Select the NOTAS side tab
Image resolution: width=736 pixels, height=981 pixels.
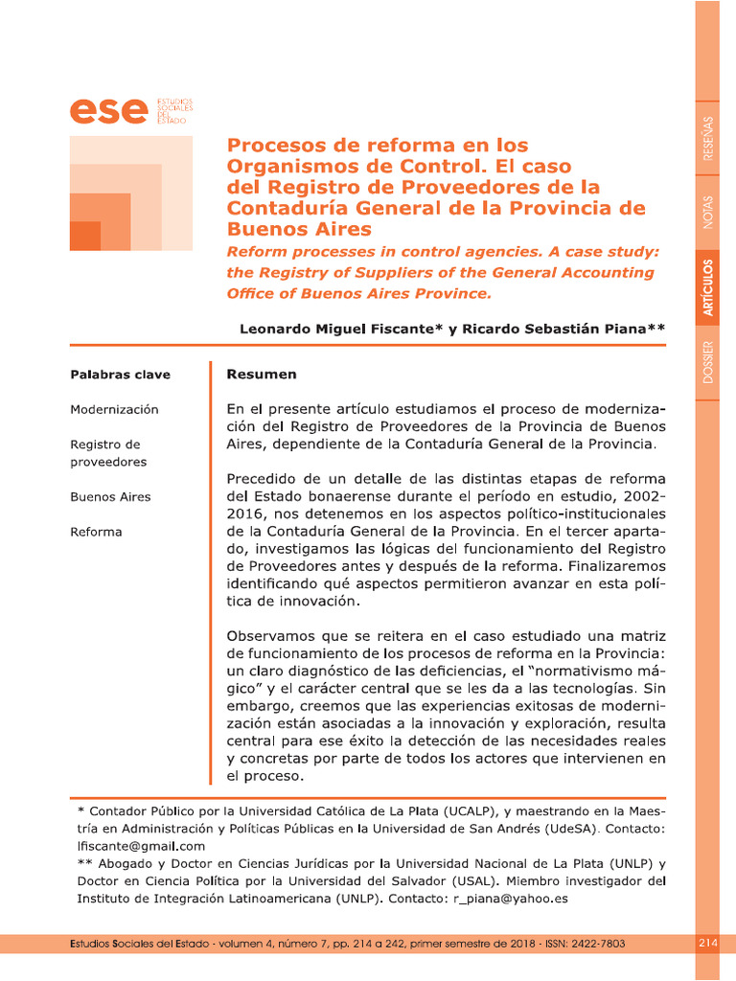tap(707, 212)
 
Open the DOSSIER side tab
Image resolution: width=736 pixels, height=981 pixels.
tap(707, 362)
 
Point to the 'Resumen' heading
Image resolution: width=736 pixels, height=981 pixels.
tap(261, 374)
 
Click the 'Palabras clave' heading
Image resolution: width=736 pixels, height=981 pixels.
tap(106, 374)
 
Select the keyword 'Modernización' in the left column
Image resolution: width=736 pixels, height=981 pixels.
tap(114, 409)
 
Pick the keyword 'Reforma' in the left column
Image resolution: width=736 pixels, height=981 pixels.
tap(96, 532)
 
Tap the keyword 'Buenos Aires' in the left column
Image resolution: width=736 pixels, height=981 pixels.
tap(110, 497)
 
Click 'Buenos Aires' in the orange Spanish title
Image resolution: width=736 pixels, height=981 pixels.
tap(298, 229)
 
